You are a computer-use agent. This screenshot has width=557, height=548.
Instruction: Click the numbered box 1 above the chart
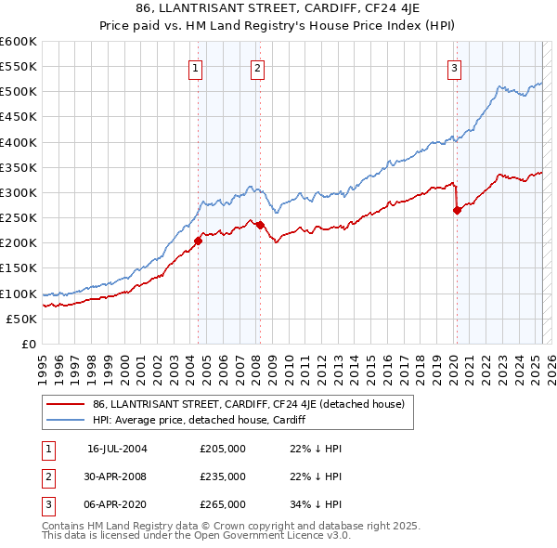tap(197, 68)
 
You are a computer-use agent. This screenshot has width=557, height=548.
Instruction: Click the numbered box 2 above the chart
tap(257, 68)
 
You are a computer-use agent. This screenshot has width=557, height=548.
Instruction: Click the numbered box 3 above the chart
tap(454, 68)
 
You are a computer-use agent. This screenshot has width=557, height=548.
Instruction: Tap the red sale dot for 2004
tap(198, 241)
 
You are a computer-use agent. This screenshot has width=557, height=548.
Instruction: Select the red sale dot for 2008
tap(260, 225)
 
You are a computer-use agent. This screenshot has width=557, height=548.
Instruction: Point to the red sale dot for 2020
tap(457, 211)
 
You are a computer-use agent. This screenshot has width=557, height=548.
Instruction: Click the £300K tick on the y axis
tap(19, 192)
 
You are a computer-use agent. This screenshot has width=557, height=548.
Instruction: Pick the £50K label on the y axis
tap(22, 319)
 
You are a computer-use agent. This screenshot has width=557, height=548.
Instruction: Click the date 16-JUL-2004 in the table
tap(117, 448)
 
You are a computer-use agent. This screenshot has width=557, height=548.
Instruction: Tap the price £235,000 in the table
tap(223, 476)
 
